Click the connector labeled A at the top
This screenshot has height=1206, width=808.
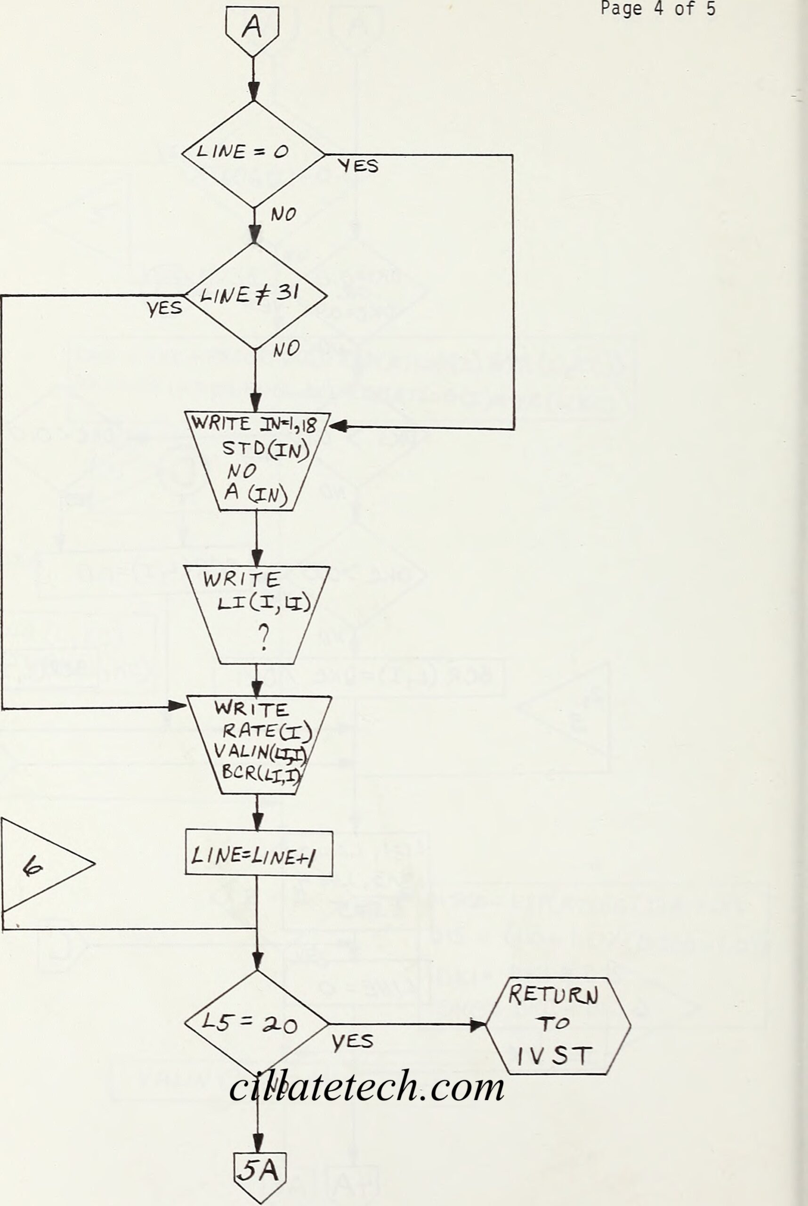pos(252,29)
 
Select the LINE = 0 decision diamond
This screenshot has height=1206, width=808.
pos(253,153)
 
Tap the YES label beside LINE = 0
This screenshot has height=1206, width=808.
pos(358,166)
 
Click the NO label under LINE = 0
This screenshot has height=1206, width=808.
pos(283,214)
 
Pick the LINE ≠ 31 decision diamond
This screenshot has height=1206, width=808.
pos(255,296)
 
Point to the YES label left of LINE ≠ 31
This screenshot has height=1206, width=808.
pos(164,309)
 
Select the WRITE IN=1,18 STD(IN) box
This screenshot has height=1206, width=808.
pos(257,460)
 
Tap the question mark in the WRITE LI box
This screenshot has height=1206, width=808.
pos(263,638)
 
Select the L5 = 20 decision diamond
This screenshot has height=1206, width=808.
pos(256,1024)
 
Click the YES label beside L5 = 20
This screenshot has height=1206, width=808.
pos(353,1042)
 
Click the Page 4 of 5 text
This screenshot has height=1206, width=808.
pos(658,9)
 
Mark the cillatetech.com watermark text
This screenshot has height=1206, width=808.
pos(367,1086)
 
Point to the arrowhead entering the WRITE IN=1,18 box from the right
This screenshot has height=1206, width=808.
pos(337,426)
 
